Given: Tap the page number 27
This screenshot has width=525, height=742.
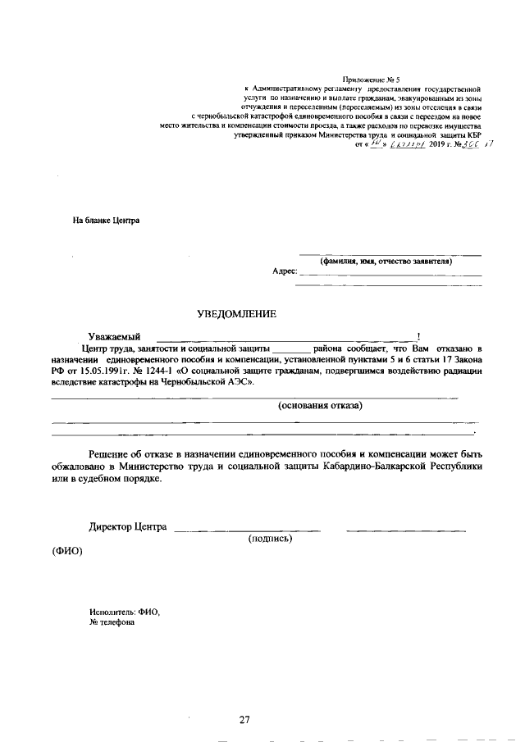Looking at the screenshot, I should tap(244, 720).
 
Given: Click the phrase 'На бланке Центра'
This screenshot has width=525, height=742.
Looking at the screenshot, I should tap(106, 221).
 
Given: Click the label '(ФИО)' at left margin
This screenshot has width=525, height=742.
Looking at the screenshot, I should tap(67, 551).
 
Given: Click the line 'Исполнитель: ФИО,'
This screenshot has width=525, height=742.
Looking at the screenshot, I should tap(125, 612).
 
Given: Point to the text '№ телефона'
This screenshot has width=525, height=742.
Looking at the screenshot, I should tap(112, 622).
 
